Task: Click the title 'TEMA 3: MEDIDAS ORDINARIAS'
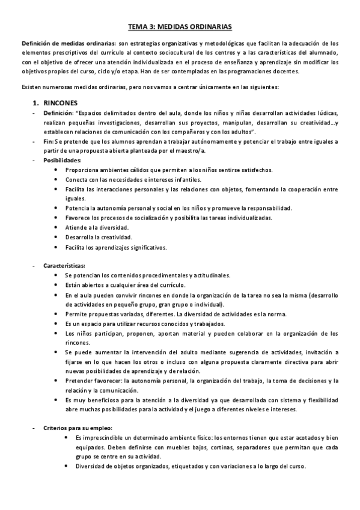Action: pyautogui.click(x=180, y=27)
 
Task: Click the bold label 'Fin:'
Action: pyautogui.click(x=49, y=141)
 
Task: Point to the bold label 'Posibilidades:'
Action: pyautogui.click(x=63, y=161)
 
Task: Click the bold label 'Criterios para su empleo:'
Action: pyautogui.click(x=78, y=428)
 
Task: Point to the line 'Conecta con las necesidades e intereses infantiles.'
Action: pyautogui.click(x=133, y=179)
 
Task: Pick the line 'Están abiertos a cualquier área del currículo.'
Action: pyautogui.click(x=126, y=285)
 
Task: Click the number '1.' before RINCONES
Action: pyautogui.click(x=37, y=103)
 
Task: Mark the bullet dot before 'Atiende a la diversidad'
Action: pyautogui.click(x=56, y=227)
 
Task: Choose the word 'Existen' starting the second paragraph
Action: pyautogui.click(x=32, y=87)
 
